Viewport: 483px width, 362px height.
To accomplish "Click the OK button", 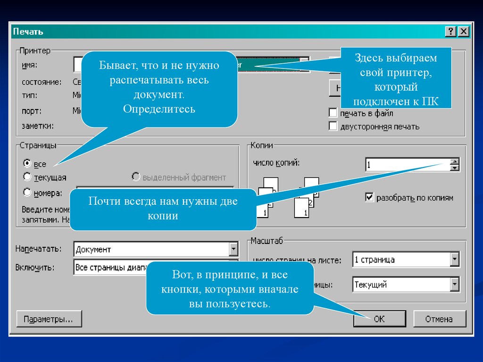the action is pyautogui.click(x=379, y=319).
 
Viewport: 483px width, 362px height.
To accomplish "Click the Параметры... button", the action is pyautogui.click(x=49, y=319).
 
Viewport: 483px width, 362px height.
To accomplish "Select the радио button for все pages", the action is pyautogui.click(x=27, y=163).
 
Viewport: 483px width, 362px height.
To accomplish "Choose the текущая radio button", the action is pyautogui.click(x=27, y=177).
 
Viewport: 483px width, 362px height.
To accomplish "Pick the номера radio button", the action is pyautogui.click(x=27, y=192).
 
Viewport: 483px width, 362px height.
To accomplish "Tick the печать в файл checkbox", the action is pyautogui.click(x=333, y=113).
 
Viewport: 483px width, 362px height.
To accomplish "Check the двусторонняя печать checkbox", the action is pyautogui.click(x=333, y=126).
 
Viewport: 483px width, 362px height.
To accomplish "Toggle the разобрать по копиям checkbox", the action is pyautogui.click(x=369, y=197).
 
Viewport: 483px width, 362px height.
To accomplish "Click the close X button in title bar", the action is pyautogui.click(x=464, y=32).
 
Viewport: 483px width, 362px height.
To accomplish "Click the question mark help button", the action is pyautogui.click(x=451, y=32).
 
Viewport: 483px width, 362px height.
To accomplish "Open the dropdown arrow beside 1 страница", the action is pyautogui.click(x=455, y=259).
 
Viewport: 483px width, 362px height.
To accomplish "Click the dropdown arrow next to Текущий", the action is pyautogui.click(x=455, y=284).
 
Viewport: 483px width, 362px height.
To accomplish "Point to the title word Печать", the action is pyautogui.click(x=28, y=32).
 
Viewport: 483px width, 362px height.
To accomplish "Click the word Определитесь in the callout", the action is pyautogui.click(x=159, y=109).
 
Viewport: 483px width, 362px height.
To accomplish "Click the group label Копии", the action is pyautogui.click(x=262, y=146).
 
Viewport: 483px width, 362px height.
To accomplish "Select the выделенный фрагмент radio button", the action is pyautogui.click(x=136, y=177).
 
